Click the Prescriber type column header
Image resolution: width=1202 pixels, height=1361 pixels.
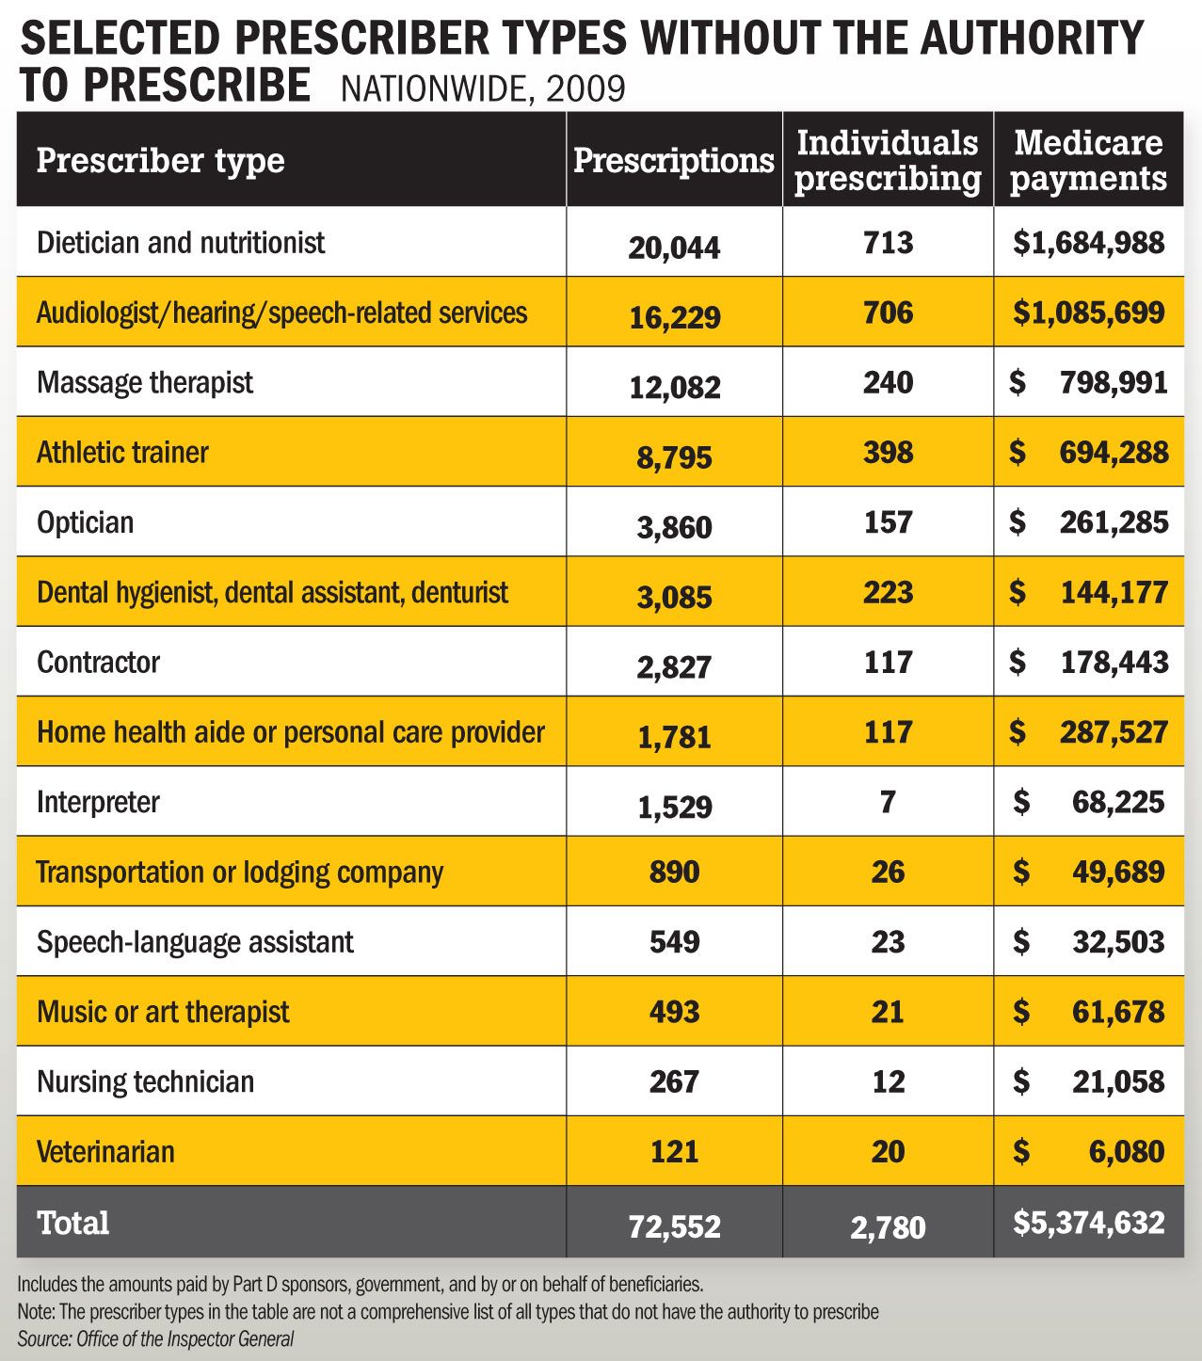[x=160, y=161]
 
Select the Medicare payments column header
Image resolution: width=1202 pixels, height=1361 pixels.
[x=1088, y=160]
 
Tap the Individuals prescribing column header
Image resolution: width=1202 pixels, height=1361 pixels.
[x=888, y=160]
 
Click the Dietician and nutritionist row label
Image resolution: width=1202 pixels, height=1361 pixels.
[x=181, y=243]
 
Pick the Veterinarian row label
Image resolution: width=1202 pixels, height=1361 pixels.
[x=105, y=1151]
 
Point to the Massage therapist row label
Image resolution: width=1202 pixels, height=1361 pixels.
[x=145, y=383]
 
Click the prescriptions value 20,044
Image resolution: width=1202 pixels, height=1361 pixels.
[x=674, y=248]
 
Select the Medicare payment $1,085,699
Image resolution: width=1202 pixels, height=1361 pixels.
[x=1089, y=312]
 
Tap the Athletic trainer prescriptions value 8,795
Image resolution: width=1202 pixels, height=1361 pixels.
[x=674, y=457]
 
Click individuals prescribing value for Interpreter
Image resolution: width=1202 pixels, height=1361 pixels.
[x=888, y=802]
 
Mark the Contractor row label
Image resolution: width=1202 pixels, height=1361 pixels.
[x=98, y=663]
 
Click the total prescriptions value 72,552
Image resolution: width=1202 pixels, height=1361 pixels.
[x=674, y=1226]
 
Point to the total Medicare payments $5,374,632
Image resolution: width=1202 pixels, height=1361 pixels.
[x=1089, y=1223]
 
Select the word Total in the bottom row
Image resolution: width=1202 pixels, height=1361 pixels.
[x=73, y=1223]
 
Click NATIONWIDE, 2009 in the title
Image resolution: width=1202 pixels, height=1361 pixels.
[x=483, y=88]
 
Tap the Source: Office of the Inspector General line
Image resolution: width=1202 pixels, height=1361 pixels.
[x=156, y=1338]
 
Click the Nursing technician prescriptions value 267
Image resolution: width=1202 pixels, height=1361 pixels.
[x=674, y=1081]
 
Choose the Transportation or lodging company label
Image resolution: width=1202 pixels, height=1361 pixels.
[x=240, y=872]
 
